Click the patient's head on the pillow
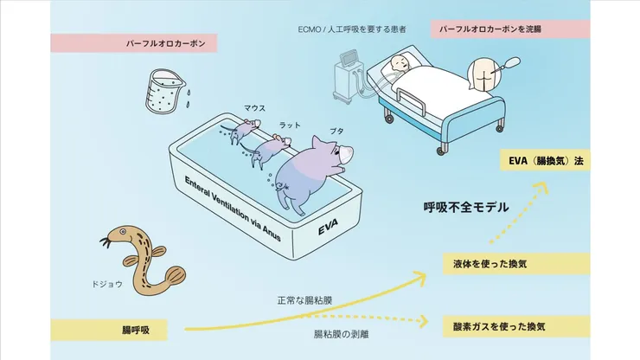coord(398,64)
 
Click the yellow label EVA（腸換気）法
coord(544,160)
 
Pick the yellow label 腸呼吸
coord(133,329)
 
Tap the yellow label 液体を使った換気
coord(502,262)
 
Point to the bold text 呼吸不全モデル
coord(465,208)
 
